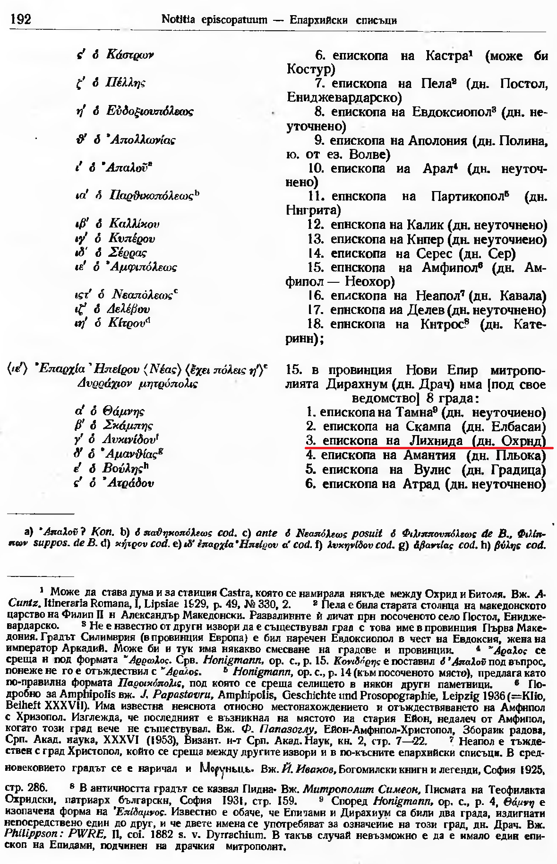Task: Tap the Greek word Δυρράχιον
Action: tap(103, 384)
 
